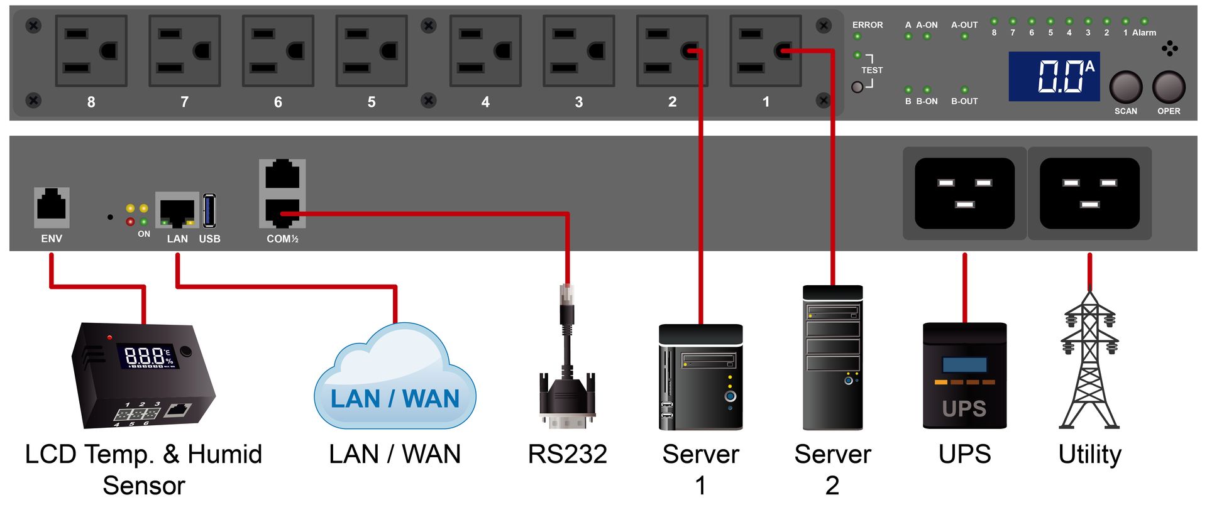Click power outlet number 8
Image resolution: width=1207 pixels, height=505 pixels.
[91, 51]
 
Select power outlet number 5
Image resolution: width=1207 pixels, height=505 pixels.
[372, 51]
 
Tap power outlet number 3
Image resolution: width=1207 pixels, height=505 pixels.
[578, 51]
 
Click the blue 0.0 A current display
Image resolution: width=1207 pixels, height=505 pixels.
[1054, 77]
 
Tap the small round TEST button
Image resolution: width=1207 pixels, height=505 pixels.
[857, 87]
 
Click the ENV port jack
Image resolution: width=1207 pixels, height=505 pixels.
[52, 207]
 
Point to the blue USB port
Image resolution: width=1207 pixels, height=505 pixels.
[209, 210]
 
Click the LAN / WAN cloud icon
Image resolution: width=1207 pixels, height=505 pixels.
[395, 377]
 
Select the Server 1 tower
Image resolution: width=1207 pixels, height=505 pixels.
[700, 377]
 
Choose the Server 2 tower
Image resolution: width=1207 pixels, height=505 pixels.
[833, 358]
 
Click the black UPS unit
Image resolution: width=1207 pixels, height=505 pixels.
[964, 376]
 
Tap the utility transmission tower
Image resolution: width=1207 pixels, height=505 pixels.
[1089, 359]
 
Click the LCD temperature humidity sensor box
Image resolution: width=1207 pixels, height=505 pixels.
[143, 375]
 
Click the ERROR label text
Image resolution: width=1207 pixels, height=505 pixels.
[868, 25]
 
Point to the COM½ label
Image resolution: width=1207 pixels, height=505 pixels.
[282, 239]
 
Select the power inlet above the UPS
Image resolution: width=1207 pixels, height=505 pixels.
[964, 193]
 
